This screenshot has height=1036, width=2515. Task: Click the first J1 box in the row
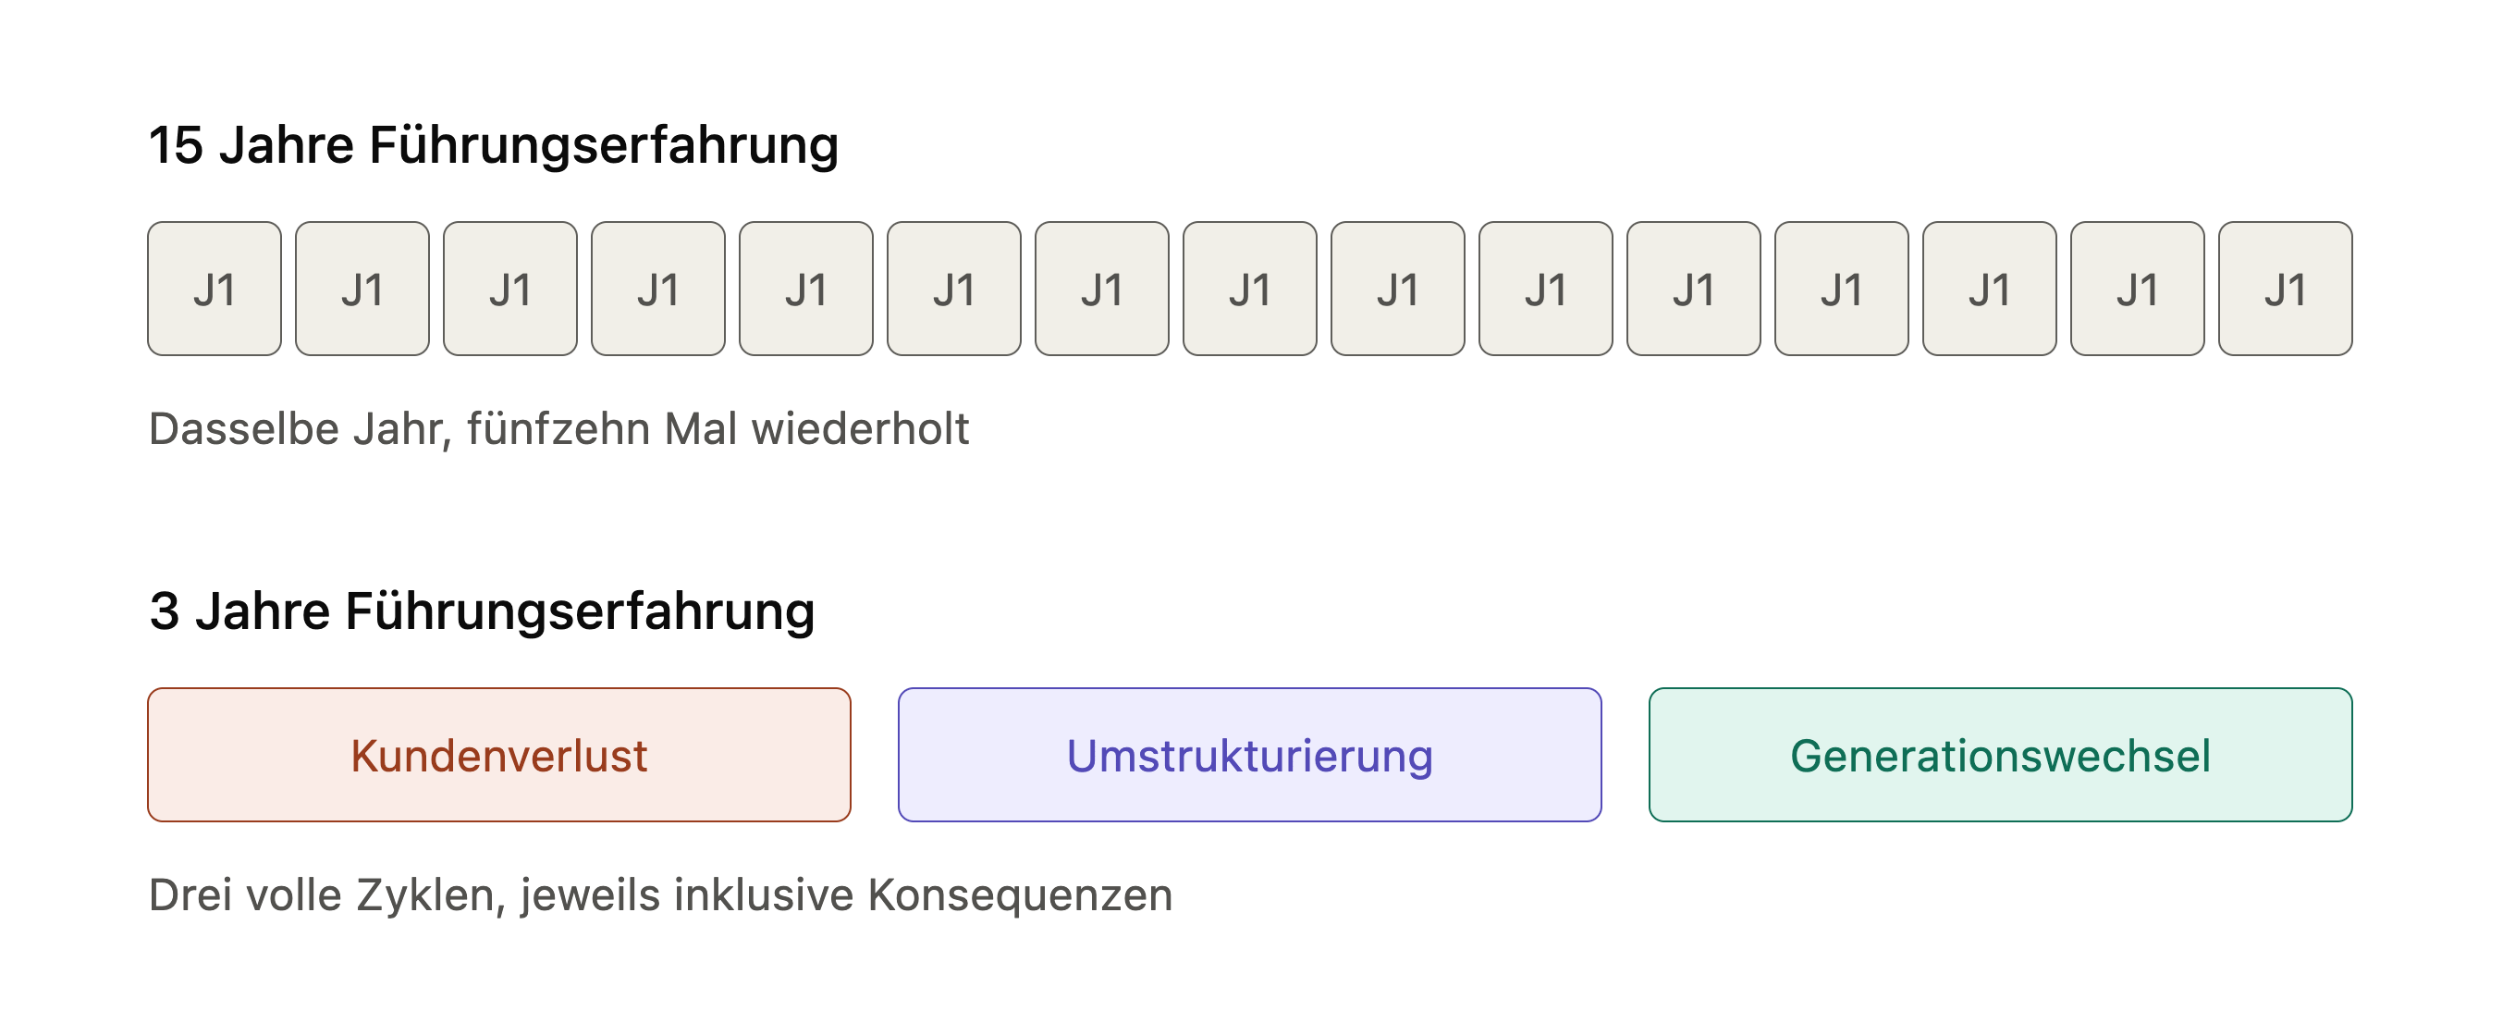(215, 289)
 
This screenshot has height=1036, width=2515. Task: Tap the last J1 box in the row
(2286, 289)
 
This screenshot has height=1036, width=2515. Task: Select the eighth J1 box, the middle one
(1250, 289)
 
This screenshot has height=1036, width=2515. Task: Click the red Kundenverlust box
(499, 755)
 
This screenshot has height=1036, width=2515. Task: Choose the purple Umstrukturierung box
(1250, 755)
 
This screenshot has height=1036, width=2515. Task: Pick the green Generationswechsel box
(2001, 755)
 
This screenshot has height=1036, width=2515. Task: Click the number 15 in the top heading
(176, 145)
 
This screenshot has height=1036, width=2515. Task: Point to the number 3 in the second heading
(164, 612)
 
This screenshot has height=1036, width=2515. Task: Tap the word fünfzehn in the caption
(558, 428)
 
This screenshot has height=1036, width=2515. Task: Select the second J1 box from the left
(362, 289)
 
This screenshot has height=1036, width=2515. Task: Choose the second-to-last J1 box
(2137, 289)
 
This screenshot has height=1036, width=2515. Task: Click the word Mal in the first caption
(700, 428)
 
